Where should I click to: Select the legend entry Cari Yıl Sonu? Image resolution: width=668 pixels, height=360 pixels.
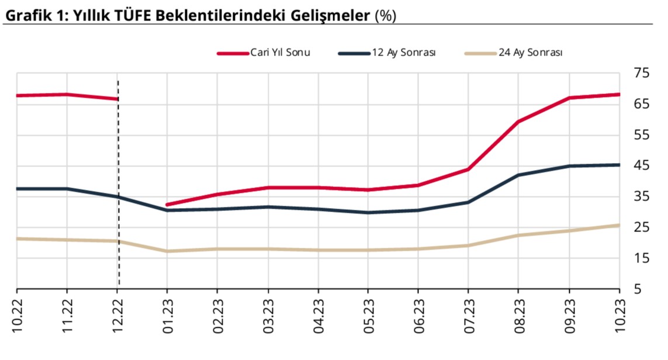point(280,53)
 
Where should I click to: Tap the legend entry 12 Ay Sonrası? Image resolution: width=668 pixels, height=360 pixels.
point(403,53)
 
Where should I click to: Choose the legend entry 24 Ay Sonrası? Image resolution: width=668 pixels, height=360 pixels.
point(530,53)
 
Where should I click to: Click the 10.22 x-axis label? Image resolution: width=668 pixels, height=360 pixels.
point(17,315)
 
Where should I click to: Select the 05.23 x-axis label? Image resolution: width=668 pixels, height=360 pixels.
point(368,315)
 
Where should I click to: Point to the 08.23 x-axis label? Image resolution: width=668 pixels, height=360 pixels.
point(518,315)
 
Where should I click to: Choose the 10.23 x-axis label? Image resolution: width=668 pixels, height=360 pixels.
point(619,315)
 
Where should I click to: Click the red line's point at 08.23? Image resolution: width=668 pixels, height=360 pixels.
point(518,122)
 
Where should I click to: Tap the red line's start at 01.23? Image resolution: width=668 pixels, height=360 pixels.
point(167,205)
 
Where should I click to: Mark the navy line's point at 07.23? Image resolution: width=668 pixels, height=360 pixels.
point(468,202)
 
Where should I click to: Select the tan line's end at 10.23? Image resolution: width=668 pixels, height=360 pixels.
point(619,225)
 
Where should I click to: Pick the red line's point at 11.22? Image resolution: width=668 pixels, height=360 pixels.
point(67,94)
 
